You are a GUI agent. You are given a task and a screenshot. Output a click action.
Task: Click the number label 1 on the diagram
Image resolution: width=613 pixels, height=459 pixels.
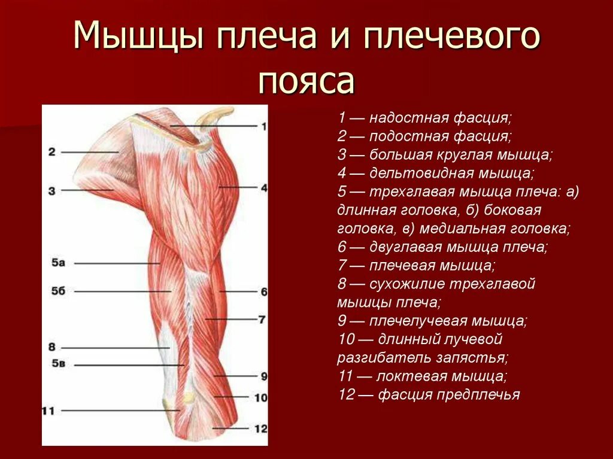pyautogui.click(x=263, y=126)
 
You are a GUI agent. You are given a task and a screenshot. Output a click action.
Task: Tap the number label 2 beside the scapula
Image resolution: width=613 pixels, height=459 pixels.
pyautogui.click(x=52, y=152)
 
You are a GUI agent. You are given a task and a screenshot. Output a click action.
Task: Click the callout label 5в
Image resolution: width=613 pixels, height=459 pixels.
pyautogui.click(x=57, y=364)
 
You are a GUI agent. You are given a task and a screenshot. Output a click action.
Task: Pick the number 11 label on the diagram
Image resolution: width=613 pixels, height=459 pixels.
pyautogui.click(x=48, y=411)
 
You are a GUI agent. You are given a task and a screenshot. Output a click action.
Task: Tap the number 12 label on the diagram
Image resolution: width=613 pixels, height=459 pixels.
pyautogui.click(x=260, y=428)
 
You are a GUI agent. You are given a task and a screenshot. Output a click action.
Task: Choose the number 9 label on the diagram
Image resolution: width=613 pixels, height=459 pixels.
pyautogui.click(x=263, y=376)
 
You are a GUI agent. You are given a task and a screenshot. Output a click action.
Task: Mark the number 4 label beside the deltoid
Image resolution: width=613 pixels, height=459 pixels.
pyautogui.click(x=263, y=187)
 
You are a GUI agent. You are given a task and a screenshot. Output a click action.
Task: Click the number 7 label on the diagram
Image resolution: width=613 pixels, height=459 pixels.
pyautogui.click(x=262, y=320)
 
